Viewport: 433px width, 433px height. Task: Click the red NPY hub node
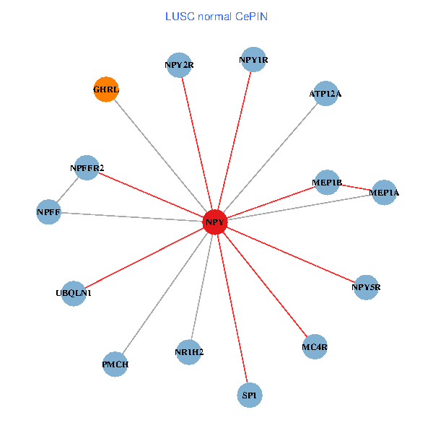(215, 222)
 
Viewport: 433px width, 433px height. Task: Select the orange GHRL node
(106, 89)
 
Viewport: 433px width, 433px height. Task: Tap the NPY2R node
(179, 65)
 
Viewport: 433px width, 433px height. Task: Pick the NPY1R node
(253, 60)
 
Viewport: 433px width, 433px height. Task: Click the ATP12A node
(325, 93)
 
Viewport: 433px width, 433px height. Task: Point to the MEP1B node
(327, 182)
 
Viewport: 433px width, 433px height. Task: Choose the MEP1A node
(383, 193)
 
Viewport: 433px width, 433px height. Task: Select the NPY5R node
(366, 287)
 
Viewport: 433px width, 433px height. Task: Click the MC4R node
(315, 346)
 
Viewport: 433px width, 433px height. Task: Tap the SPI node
(249, 395)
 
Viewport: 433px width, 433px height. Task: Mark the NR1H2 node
(189, 352)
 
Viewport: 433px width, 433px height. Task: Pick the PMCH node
(115, 364)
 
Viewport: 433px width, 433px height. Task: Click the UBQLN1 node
(74, 293)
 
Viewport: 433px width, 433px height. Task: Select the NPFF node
(48, 212)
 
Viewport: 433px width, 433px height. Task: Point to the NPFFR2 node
(87, 168)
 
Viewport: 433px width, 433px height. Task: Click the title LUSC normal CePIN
(216, 16)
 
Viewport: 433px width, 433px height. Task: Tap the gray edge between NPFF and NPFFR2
(68, 190)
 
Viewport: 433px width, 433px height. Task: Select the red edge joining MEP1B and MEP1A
(355, 188)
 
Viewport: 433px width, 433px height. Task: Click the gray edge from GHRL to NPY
(160, 156)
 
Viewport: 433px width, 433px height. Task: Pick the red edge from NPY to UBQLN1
(144, 258)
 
